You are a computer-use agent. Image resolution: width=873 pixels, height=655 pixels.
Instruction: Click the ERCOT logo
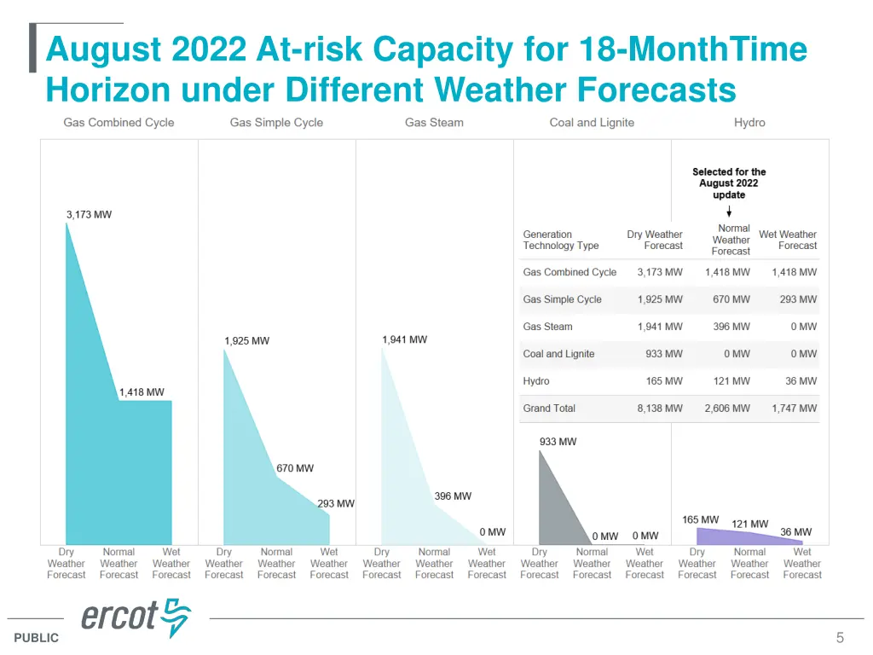(136, 618)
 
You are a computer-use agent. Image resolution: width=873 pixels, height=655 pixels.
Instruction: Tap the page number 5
(840, 638)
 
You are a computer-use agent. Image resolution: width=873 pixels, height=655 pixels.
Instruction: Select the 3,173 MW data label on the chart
(89, 215)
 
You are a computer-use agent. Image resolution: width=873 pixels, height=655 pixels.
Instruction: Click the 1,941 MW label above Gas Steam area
(405, 339)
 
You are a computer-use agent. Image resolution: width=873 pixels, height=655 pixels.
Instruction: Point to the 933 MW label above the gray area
(558, 442)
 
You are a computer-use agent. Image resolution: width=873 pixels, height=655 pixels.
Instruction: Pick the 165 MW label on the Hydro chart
(700, 519)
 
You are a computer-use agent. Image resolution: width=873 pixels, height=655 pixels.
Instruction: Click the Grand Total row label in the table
(549, 409)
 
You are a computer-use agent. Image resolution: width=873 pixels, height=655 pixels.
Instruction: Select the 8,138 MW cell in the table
(660, 409)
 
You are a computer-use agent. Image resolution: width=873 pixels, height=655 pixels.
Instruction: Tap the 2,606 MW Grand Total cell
(727, 409)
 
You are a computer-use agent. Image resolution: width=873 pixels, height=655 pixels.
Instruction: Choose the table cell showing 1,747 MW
(794, 409)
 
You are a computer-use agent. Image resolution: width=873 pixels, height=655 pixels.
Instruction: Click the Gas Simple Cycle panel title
(276, 123)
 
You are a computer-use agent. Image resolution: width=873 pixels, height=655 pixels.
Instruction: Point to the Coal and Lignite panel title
(592, 123)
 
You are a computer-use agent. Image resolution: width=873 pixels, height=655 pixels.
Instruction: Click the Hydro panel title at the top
(749, 123)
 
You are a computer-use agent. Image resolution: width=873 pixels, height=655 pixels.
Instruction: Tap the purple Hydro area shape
(725, 537)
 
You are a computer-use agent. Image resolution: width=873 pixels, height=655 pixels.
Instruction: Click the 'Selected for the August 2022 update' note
(729, 183)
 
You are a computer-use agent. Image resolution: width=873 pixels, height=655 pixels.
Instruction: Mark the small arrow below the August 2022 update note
(729, 211)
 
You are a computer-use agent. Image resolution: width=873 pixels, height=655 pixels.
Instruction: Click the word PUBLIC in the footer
(37, 638)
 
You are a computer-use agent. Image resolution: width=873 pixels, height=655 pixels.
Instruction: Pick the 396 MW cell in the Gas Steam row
(731, 327)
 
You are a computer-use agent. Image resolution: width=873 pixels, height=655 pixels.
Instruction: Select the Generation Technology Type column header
(561, 240)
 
